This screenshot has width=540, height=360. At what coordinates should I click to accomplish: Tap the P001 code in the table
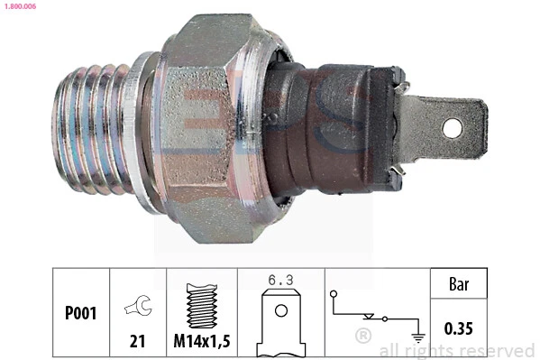[x=81, y=314]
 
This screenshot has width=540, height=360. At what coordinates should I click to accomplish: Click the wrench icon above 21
[x=138, y=308]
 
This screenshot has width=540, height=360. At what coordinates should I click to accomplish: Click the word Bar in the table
[x=460, y=284]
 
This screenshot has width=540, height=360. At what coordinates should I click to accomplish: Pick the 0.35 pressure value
[x=460, y=328]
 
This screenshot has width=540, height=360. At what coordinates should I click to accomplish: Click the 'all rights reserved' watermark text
[x=457, y=350]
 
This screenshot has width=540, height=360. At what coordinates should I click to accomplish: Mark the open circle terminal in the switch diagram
[x=334, y=293]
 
